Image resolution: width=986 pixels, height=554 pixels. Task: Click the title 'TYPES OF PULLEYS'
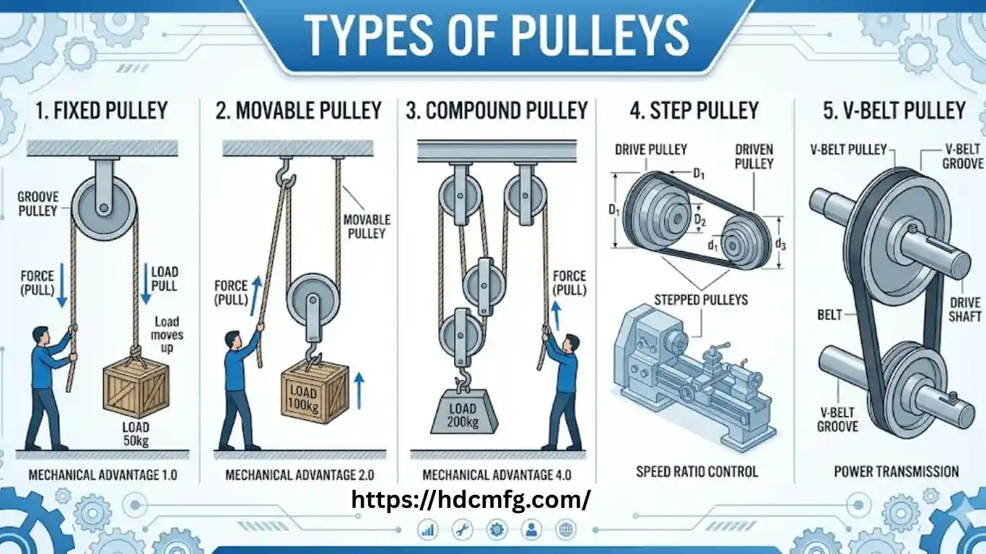(497, 34)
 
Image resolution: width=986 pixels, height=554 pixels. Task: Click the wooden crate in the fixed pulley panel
(136, 390)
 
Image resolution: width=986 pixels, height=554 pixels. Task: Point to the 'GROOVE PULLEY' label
(38, 203)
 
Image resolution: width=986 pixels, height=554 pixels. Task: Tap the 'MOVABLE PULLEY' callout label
(367, 226)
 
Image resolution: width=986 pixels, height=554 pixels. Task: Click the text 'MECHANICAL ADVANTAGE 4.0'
(496, 475)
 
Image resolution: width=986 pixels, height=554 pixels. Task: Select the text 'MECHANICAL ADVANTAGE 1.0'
(102, 475)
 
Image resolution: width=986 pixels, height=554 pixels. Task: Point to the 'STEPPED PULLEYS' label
(701, 299)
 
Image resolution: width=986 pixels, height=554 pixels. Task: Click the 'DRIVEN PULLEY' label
(754, 157)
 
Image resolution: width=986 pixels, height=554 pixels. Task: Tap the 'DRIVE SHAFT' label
(965, 309)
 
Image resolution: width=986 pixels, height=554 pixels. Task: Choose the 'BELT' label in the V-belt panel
(829, 315)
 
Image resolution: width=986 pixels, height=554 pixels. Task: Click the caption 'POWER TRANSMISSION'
(896, 472)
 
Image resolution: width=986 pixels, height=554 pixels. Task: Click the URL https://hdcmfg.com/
(471, 498)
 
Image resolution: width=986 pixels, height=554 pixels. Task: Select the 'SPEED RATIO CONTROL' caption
(697, 472)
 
